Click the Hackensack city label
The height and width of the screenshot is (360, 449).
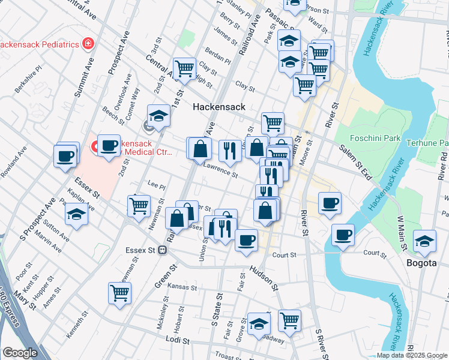(219, 107)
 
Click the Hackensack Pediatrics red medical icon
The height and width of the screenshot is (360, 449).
(88, 44)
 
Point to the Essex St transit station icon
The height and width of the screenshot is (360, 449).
(162, 250)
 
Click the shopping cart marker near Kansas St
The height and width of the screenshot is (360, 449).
(119, 293)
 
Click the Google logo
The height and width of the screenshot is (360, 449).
(20, 353)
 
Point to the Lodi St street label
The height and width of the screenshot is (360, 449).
(178, 340)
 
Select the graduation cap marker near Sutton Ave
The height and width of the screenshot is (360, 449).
(77, 214)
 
